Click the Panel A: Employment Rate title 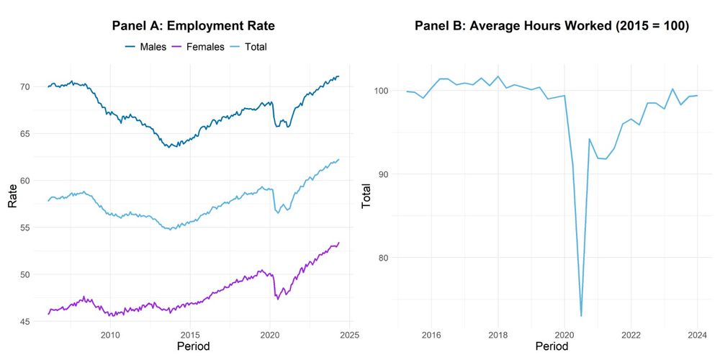pyautogui.click(x=194, y=26)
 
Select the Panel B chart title pyautogui.click(x=552, y=26)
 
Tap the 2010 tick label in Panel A pyautogui.click(x=110, y=335)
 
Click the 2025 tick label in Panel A pyautogui.click(x=349, y=335)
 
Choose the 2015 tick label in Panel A pyautogui.click(x=190, y=335)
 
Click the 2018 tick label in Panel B pyautogui.click(x=498, y=335)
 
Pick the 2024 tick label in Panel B pyautogui.click(x=698, y=335)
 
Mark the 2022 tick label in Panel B pyautogui.click(x=631, y=335)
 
